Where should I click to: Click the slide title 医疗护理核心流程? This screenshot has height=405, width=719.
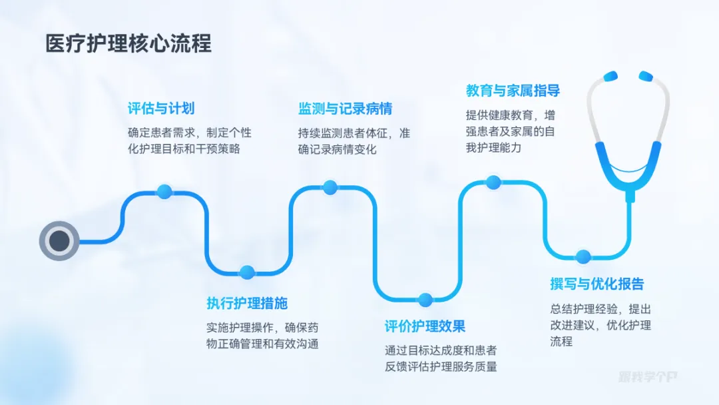(x=128, y=44)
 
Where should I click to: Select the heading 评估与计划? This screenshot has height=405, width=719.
(x=161, y=109)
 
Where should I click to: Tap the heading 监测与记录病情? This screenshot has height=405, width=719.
(x=345, y=109)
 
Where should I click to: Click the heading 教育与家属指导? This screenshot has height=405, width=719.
(x=513, y=91)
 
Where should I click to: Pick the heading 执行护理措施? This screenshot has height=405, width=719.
(x=247, y=303)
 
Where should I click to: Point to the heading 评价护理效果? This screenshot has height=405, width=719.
(x=425, y=326)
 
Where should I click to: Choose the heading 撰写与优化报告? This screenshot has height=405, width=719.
(x=597, y=284)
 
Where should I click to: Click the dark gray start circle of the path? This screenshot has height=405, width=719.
(x=59, y=240)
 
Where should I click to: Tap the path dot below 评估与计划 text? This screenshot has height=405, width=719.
(x=164, y=193)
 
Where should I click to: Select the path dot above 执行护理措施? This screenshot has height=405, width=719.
(x=247, y=272)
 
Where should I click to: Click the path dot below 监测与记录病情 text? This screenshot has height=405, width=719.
(x=330, y=187)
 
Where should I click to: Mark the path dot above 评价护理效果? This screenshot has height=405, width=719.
(x=425, y=300)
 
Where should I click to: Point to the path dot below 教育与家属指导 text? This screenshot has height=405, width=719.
(x=493, y=182)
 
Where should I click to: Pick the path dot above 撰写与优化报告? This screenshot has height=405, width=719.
(x=583, y=256)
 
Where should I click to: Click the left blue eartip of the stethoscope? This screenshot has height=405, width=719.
(x=610, y=75)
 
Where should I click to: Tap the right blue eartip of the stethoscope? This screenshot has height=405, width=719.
(x=646, y=75)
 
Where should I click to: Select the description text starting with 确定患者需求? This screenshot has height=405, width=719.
(x=190, y=141)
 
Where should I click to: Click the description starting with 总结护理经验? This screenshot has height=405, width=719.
(x=600, y=325)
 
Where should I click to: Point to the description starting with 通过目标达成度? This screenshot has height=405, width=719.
(x=441, y=358)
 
